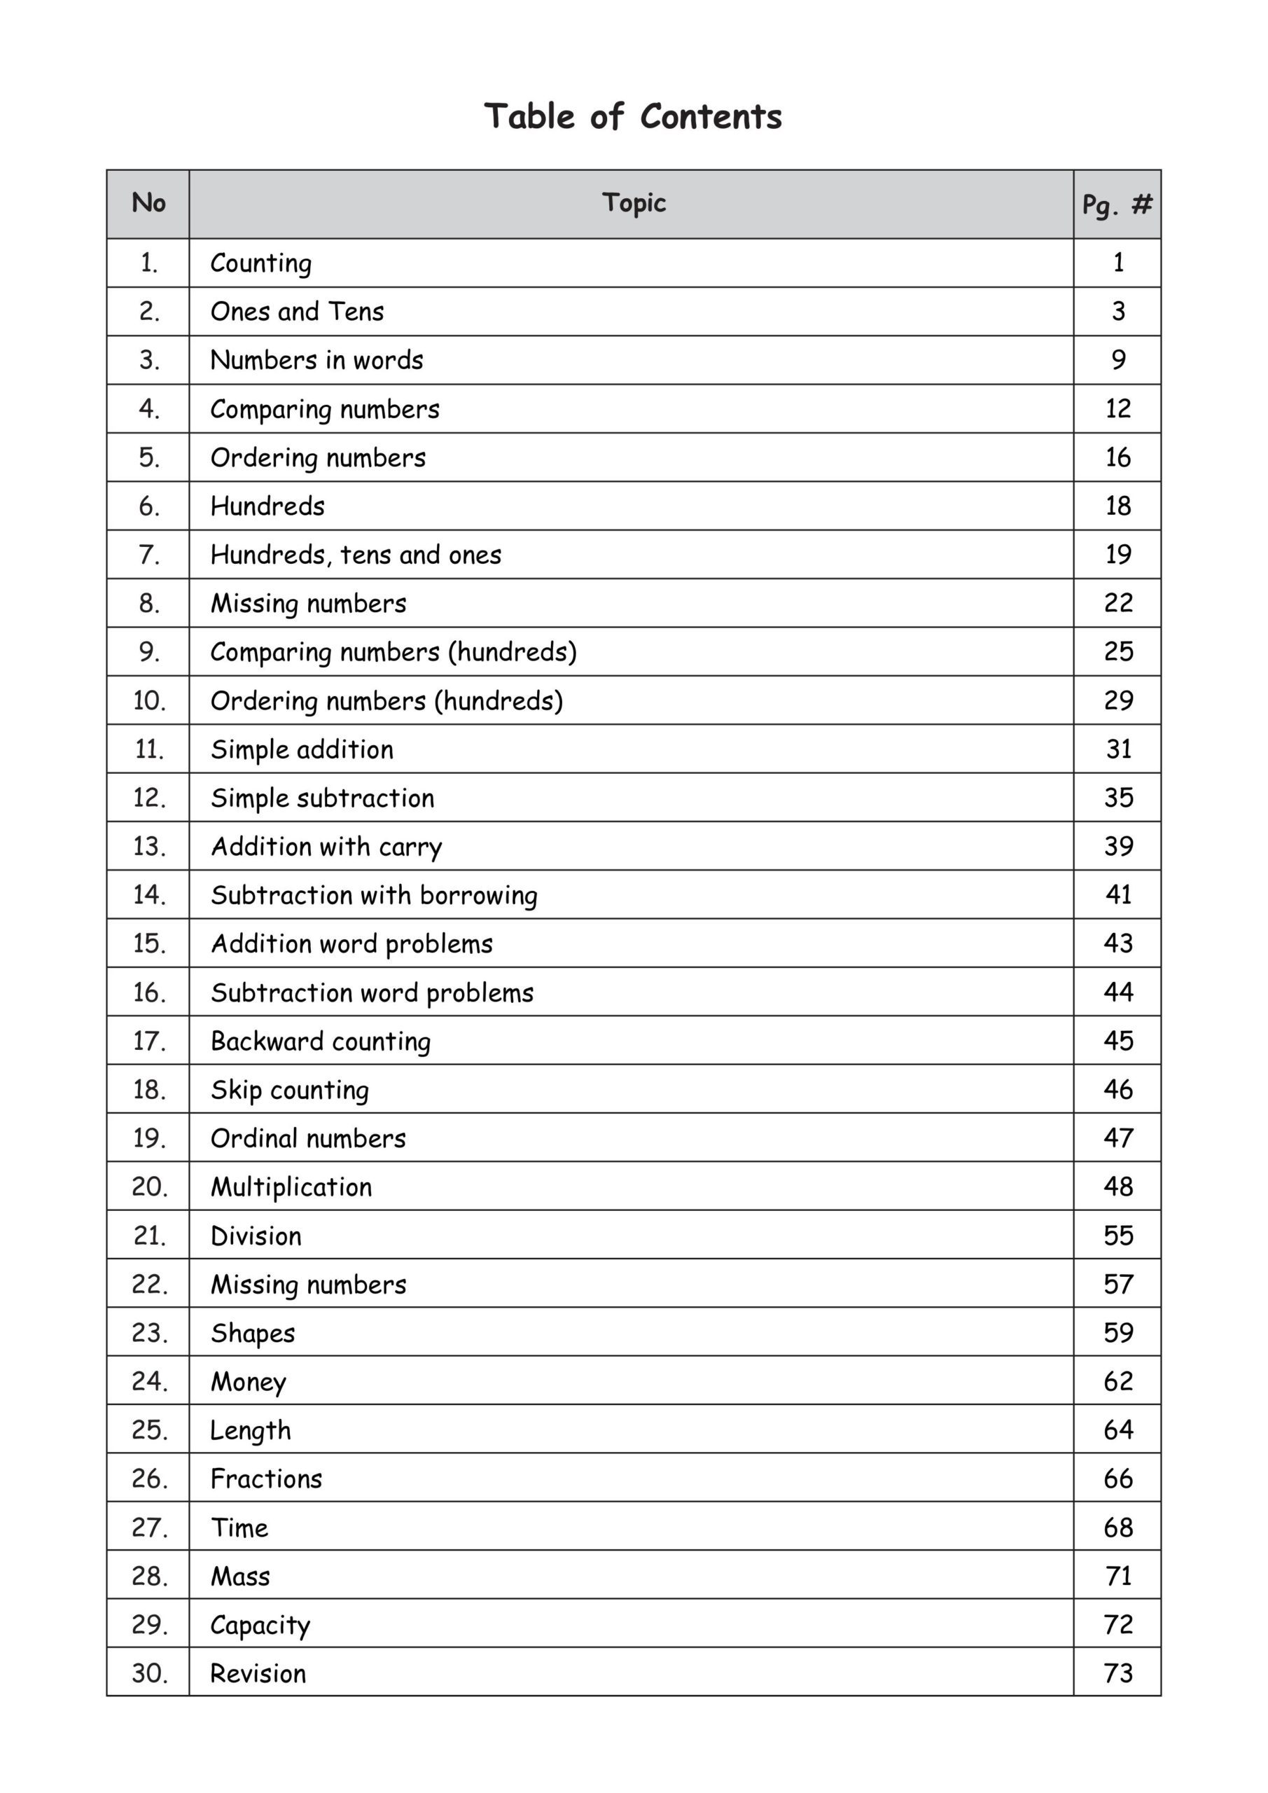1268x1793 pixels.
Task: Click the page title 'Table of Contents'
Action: [632, 117]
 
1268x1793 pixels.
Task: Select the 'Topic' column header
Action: [633, 203]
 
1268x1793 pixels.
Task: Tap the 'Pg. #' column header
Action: [1117, 205]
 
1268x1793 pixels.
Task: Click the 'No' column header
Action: [148, 203]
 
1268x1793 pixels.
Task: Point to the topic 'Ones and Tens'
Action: [297, 312]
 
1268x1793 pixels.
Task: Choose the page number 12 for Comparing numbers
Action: [1117, 408]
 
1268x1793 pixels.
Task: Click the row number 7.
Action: [148, 555]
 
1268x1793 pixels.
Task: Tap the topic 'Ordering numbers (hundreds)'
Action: [386, 701]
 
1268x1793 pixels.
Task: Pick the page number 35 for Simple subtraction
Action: [1118, 797]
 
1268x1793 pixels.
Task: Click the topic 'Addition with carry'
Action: [326, 847]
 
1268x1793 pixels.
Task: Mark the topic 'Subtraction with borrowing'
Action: [374, 896]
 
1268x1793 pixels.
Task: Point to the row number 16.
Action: [148, 992]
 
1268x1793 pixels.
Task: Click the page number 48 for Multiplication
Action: [1118, 1187]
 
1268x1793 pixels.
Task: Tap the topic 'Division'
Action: [256, 1236]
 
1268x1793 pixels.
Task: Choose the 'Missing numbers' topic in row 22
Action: [308, 1285]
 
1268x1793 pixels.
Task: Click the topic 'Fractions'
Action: [266, 1479]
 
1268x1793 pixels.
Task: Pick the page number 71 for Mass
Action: [1118, 1576]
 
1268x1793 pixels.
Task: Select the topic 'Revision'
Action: [258, 1673]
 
